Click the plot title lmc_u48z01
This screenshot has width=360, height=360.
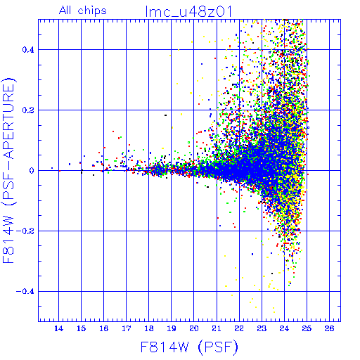[x=188, y=11]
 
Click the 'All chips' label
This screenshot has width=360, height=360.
[x=83, y=11]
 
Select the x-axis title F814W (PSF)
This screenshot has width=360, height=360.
[x=189, y=347]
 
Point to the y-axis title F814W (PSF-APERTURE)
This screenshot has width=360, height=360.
[x=8, y=171]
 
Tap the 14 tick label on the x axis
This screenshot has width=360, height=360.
[x=58, y=328]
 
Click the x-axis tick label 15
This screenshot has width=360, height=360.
[x=81, y=328]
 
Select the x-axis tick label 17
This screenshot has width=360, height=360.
[x=127, y=328]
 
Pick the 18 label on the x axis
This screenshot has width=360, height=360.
[x=149, y=328]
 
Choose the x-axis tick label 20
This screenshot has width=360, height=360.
[x=194, y=328]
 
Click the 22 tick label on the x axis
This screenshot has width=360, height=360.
[x=239, y=328]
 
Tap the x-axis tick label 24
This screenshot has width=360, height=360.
[x=284, y=328]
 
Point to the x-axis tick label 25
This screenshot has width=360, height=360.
[x=307, y=328]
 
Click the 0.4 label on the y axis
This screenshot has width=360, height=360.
[x=28, y=50]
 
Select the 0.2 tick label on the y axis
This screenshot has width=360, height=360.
[x=28, y=110]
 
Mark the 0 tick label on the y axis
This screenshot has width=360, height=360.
[x=32, y=170]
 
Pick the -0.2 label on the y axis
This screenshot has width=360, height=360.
[x=25, y=231]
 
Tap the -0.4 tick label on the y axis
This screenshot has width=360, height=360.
[x=25, y=292]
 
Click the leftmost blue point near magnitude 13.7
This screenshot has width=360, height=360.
[x=52, y=168]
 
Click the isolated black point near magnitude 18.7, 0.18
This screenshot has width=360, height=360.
[x=165, y=115]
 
